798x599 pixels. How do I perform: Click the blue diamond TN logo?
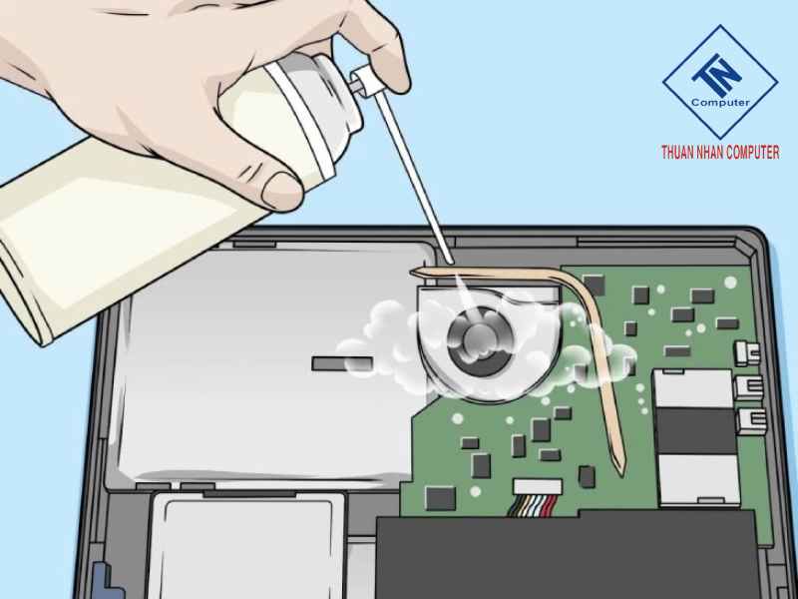point(719,82)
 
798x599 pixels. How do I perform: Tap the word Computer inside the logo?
point(720,102)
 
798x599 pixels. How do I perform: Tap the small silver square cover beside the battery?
point(245,545)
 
